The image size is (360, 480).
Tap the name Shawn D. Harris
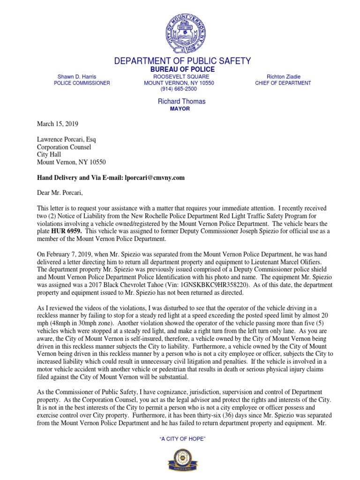point(77,76)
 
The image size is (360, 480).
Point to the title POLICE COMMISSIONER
point(82,83)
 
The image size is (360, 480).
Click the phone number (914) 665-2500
point(179,89)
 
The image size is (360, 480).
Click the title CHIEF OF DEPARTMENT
point(283,83)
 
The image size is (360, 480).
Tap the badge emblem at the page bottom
point(182,459)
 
